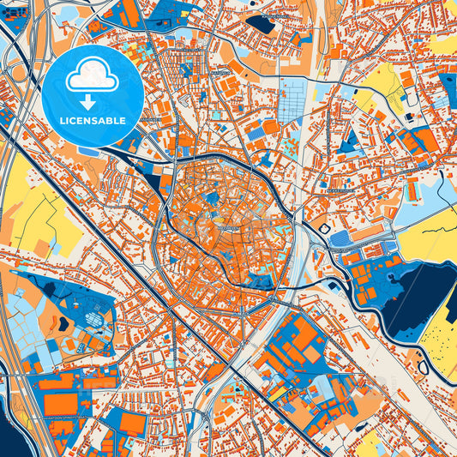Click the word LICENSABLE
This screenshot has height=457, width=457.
point(92,121)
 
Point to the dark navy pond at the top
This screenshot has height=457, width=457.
point(262,24)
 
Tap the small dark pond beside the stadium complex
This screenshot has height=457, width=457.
point(63,323)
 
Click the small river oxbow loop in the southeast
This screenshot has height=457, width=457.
point(422,367)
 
